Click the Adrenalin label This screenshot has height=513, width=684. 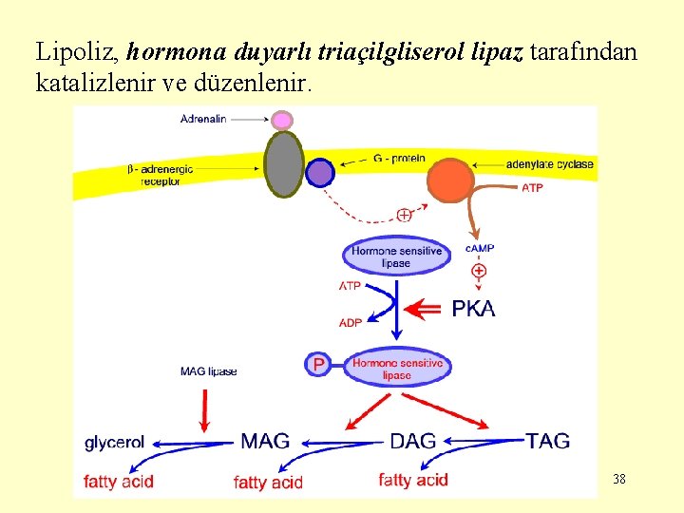pos(203,119)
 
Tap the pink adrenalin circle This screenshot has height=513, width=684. pos(282,121)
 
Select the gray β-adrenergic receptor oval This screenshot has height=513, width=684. pos(283,163)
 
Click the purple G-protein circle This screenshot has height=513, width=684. pos(320,172)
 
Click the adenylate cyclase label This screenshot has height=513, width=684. pos(549,164)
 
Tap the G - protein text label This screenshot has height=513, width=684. pos(399,158)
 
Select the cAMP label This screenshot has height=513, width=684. pos(480,248)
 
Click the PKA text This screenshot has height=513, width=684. pos(472,309)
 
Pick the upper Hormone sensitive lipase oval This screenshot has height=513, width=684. pos(396,256)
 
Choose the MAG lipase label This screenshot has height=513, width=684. pos(208,370)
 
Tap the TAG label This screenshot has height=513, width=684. pos(548,441)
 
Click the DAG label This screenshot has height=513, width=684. pos(413,441)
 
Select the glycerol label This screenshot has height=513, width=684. pos(114,442)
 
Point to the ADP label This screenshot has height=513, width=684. pos(351,323)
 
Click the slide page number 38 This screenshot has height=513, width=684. pos(619,479)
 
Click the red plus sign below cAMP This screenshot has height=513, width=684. pos(479,271)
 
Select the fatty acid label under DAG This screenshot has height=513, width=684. pos(412,480)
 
